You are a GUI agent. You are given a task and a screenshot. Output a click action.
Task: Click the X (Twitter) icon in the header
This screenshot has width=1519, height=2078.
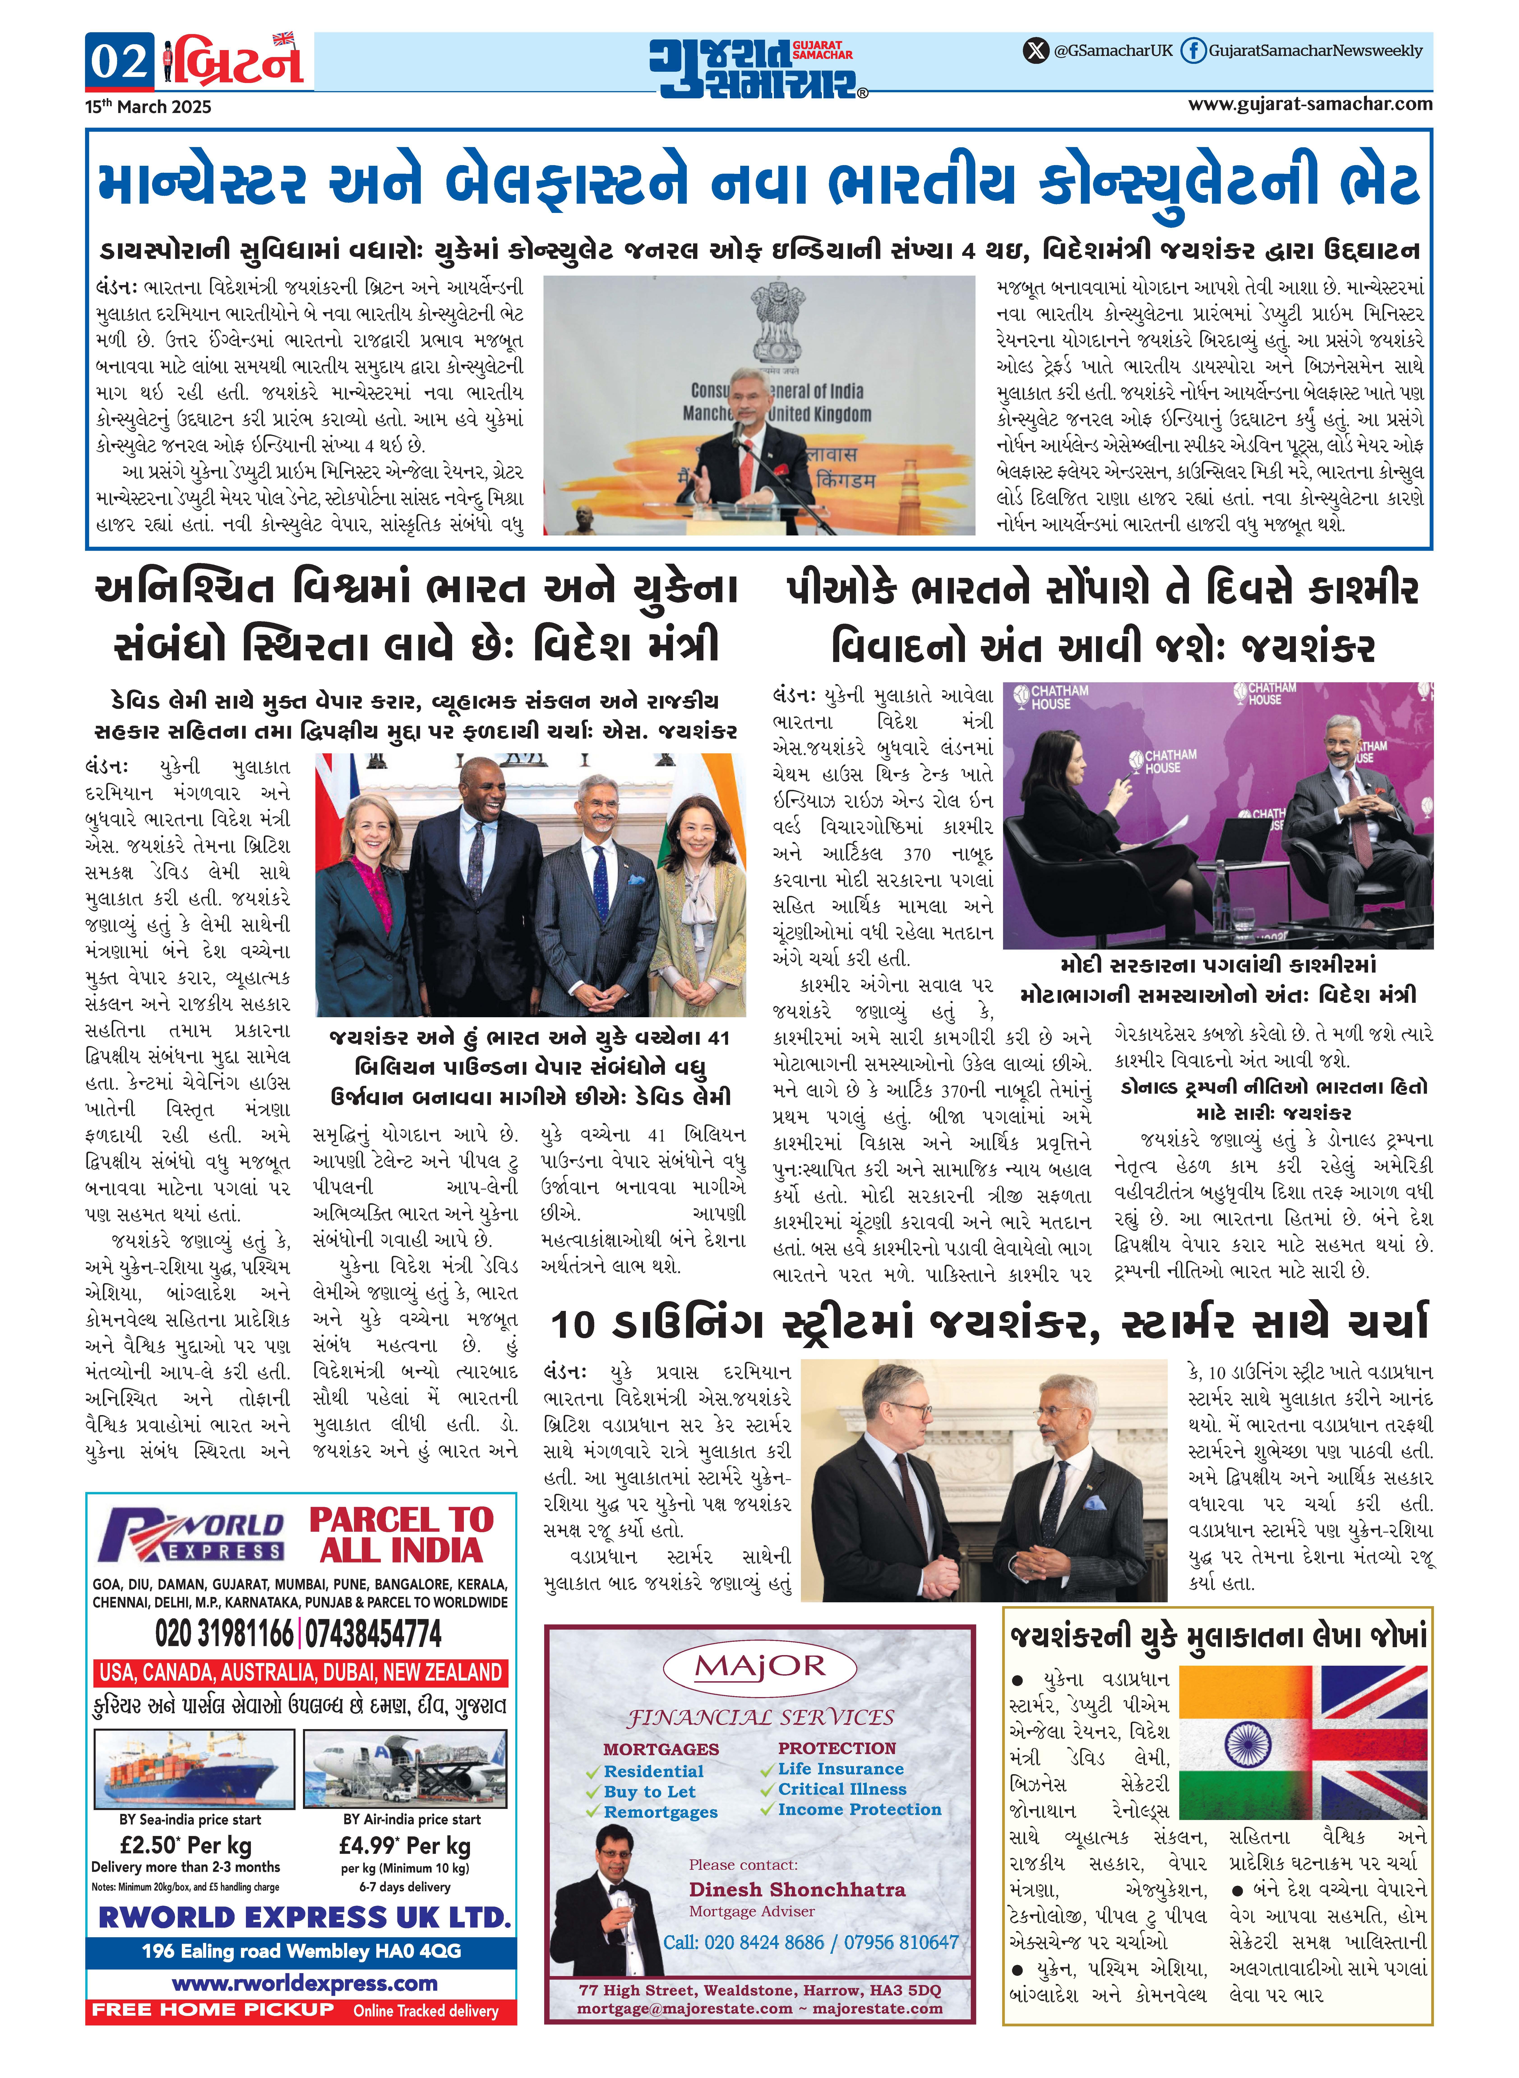click(x=1036, y=51)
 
